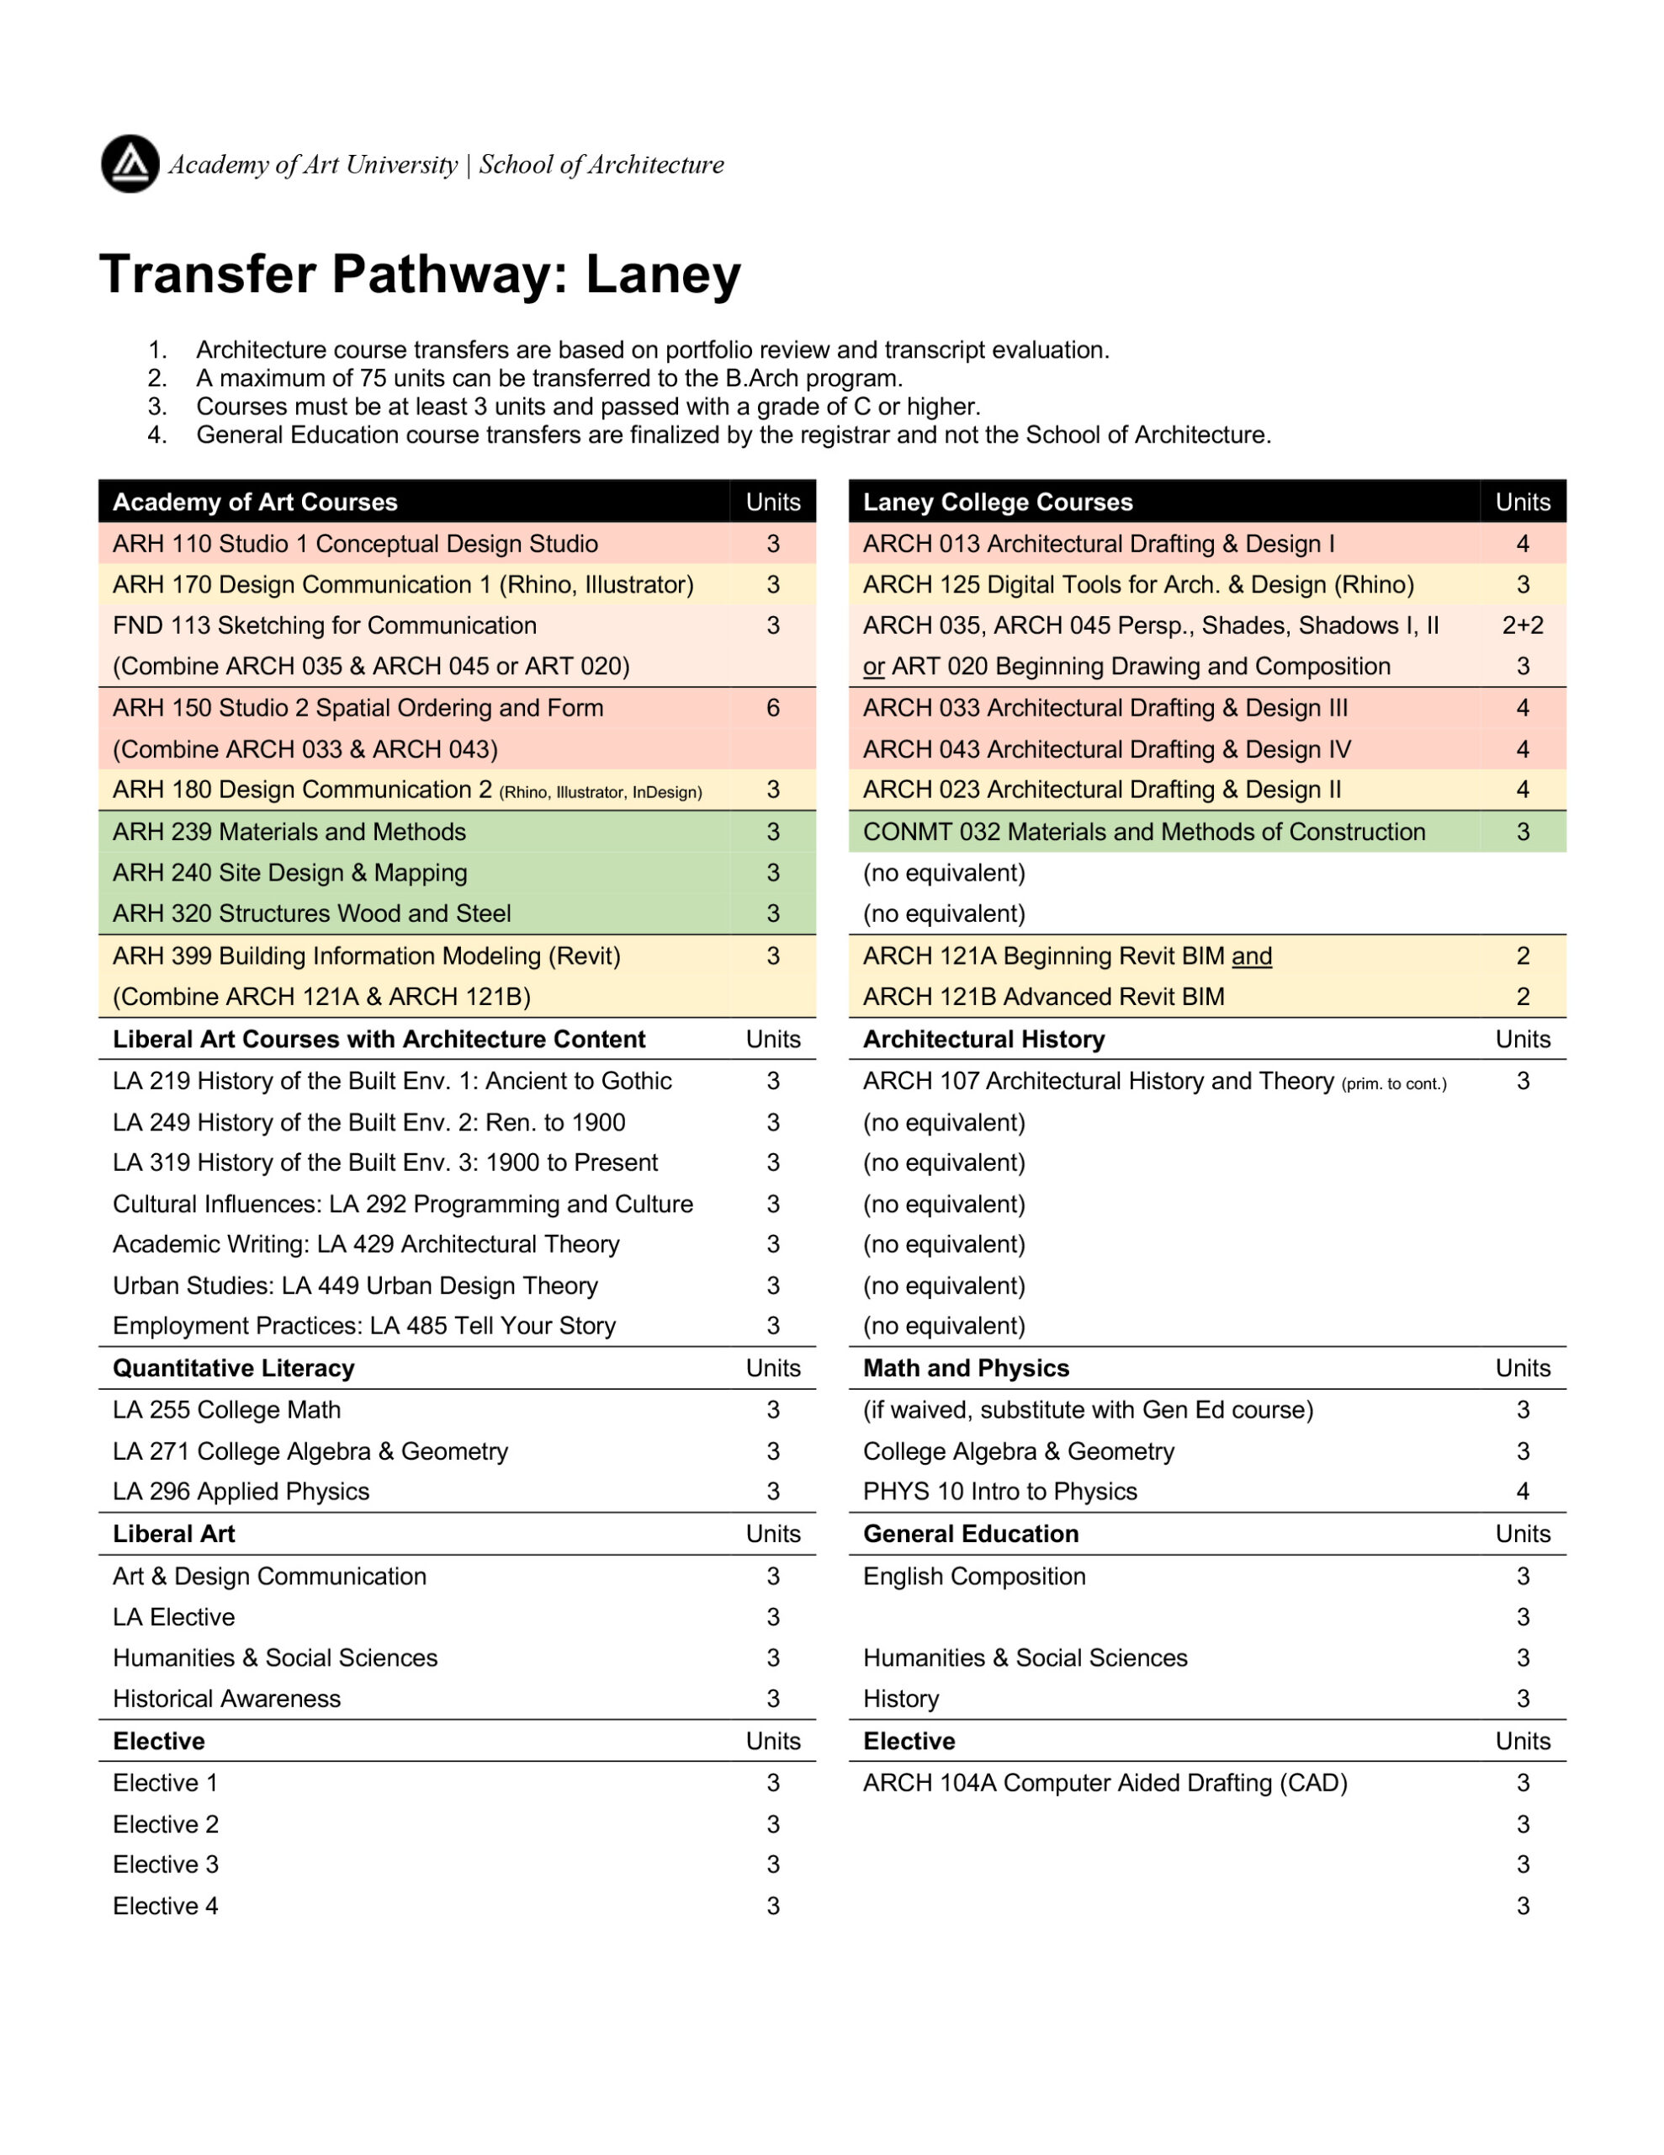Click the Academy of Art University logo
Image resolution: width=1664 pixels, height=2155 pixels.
coord(130,164)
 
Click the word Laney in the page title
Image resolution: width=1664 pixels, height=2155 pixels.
coord(662,274)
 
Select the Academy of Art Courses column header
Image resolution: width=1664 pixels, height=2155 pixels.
coord(255,503)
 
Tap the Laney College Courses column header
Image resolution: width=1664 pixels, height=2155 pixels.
coord(997,503)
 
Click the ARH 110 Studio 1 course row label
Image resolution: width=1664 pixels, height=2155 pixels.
coord(355,544)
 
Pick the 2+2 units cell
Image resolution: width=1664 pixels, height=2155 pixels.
coord(1522,625)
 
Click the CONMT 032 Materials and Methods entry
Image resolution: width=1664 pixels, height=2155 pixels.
coord(1143,832)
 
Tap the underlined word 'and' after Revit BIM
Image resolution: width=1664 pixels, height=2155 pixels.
coord(1252,956)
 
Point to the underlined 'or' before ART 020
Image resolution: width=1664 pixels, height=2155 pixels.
coord(873,667)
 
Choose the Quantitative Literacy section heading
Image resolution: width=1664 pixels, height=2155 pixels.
coord(234,1369)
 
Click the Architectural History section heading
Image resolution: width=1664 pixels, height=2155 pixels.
coord(983,1039)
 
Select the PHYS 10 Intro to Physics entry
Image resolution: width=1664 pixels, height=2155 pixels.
coord(999,1491)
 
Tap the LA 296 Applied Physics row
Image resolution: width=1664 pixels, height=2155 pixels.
coord(241,1491)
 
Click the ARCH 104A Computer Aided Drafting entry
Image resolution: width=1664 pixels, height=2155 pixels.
coord(1105,1783)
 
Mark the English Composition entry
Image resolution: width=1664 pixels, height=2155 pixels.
coord(973,1576)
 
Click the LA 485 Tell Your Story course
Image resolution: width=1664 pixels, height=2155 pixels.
coord(364,1325)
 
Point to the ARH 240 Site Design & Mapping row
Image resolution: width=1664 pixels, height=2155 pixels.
coord(290,872)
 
